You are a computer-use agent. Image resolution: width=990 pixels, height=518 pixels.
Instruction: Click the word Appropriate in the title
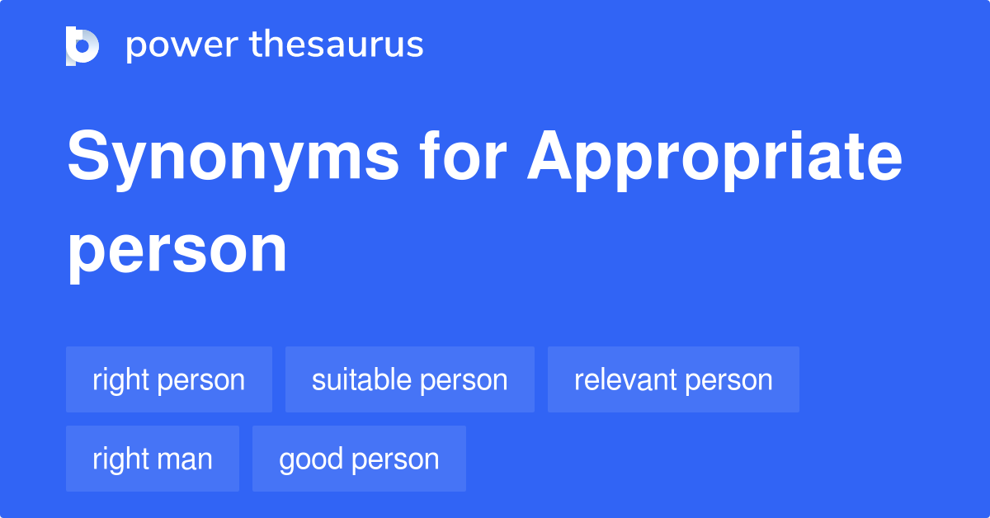(715, 159)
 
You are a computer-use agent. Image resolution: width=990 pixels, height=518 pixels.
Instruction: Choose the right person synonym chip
(169, 379)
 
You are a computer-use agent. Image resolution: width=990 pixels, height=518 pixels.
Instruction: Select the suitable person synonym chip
(410, 379)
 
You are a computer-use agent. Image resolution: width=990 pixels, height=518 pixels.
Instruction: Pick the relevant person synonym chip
(673, 379)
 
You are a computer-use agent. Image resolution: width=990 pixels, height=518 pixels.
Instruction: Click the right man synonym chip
(153, 459)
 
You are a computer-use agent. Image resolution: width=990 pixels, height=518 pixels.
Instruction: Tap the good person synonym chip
(359, 459)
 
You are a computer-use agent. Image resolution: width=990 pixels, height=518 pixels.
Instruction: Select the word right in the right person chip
(120, 379)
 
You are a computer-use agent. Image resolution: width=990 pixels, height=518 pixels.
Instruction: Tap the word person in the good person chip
(394, 459)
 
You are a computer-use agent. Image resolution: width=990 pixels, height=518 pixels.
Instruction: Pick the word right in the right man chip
(120, 459)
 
